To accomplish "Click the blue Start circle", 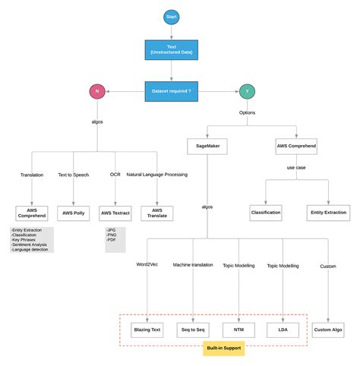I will [172, 17].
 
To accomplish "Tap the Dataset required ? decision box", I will [172, 91].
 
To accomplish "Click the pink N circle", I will [97, 91].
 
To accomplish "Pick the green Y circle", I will [248, 91].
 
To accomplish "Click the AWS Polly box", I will [73, 213].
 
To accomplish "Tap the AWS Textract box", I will [115, 213].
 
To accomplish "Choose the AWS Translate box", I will [156, 213].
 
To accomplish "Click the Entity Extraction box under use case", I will [327, 213].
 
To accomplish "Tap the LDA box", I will [283, 330].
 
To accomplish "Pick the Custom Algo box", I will [328, 330].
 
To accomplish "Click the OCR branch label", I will [115, 175].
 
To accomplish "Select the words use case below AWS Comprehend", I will [296, 167].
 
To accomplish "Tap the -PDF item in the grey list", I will [112, 241].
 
